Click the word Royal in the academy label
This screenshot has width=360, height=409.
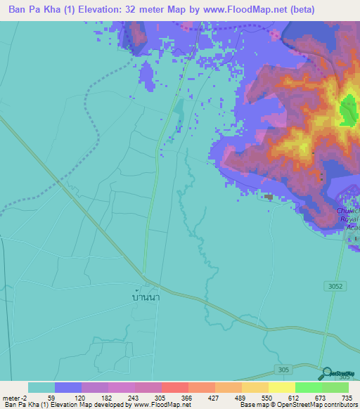click(349, 219)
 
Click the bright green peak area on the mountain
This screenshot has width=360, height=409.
click(348, 110)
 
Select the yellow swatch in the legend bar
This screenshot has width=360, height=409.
click(282, 387)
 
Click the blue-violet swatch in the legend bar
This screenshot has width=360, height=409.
click(68, 387)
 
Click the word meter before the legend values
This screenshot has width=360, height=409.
click(12, 397)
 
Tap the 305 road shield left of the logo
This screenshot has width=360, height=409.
click(284, 370)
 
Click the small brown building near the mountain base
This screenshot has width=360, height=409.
click(269, 197)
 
